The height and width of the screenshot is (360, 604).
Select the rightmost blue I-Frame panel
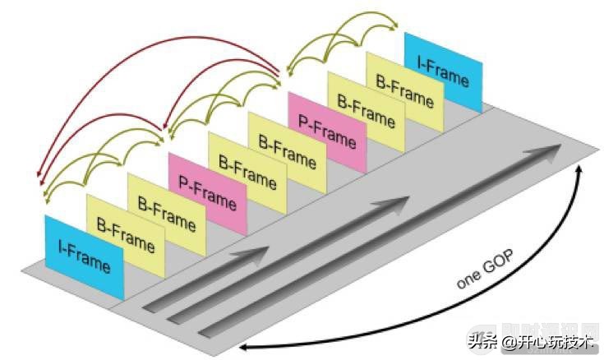click(x=443, y=72)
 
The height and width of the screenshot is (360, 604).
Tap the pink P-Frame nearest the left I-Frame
click(x=208, y=192)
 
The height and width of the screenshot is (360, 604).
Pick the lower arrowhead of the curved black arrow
click(x=245, y=348)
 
